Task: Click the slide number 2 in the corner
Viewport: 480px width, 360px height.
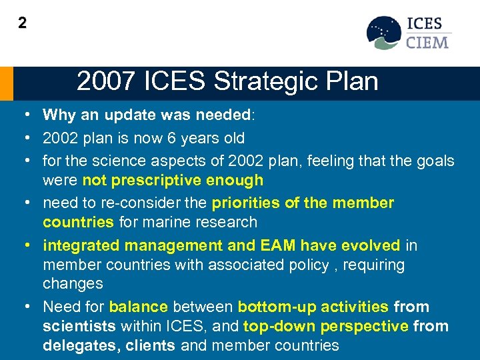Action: tap(23, 23)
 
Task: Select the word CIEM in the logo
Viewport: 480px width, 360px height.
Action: tap(428, 42)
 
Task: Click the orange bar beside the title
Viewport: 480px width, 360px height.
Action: tap(6, 83)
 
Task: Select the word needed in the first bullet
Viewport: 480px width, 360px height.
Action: tap(222, 115)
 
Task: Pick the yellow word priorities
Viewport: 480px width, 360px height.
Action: tap(243, 203)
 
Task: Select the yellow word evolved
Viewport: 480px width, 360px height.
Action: tap(369, 245)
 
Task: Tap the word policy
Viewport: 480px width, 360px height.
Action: tap(300, 265)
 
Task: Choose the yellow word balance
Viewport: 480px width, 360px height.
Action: tap(139, 307)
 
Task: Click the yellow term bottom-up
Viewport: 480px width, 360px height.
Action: tap(271, 307)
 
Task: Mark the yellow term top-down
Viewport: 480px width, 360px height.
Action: tap(278, 327)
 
